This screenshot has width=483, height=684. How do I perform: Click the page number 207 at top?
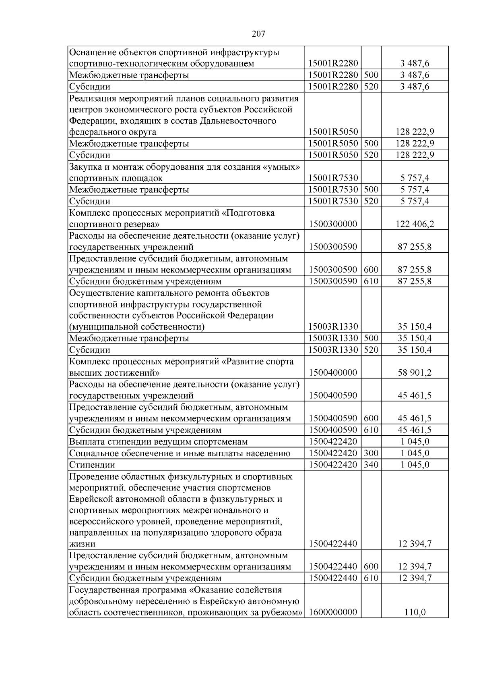pos(259,34)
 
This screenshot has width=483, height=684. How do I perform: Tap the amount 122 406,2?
pos(415,224)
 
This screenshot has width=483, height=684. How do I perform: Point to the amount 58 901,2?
pos(415,372)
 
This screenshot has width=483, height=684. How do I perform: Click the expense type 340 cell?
pos(371,465)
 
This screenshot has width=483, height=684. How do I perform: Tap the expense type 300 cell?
pos(371,453)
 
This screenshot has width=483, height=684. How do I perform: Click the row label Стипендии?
pos(92,465)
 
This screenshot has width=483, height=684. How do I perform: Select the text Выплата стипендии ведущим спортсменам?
pos(158,442)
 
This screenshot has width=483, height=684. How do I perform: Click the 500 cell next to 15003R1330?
pos(371,338)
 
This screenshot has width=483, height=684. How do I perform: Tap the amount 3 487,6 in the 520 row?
pos(415,87)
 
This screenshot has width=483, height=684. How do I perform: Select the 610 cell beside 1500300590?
pos(371,281)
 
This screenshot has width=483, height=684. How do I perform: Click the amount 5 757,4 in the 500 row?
pos(415,189)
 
